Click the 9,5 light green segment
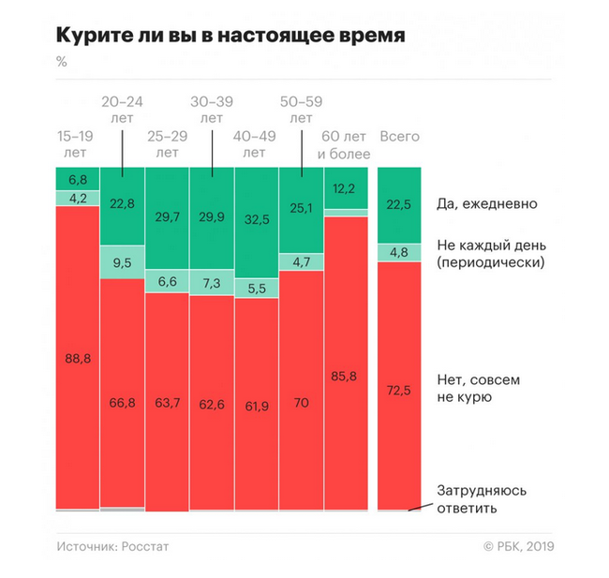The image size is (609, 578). pos(122,263)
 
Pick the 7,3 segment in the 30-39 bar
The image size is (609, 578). pos(212,282)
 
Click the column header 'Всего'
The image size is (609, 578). pos(399,137)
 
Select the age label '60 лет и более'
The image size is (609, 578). pos(347,144)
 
